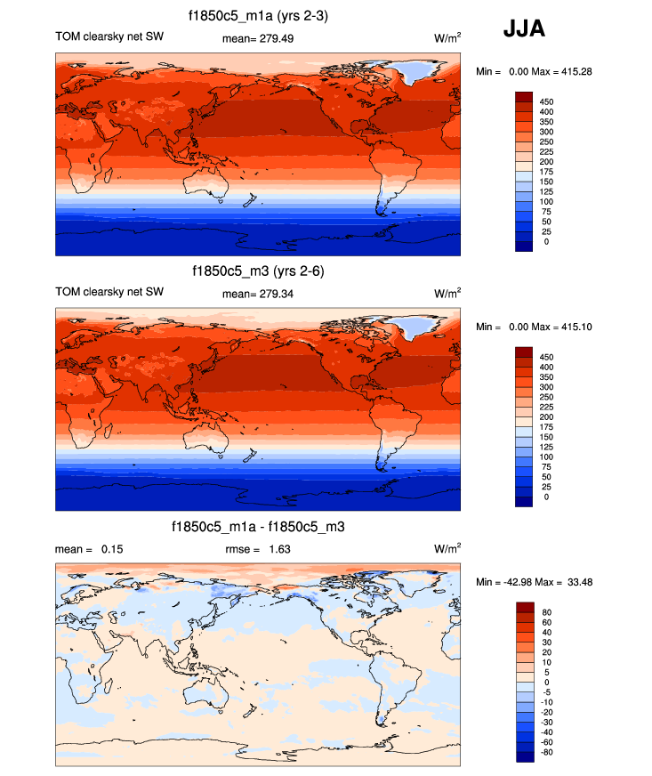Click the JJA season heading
524,28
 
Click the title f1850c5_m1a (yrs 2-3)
258,16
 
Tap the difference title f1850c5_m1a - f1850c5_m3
258,528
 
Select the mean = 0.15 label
89,549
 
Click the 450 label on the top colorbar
547,102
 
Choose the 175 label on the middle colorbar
547,426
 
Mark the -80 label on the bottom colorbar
546,752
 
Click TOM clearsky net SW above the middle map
109,291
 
